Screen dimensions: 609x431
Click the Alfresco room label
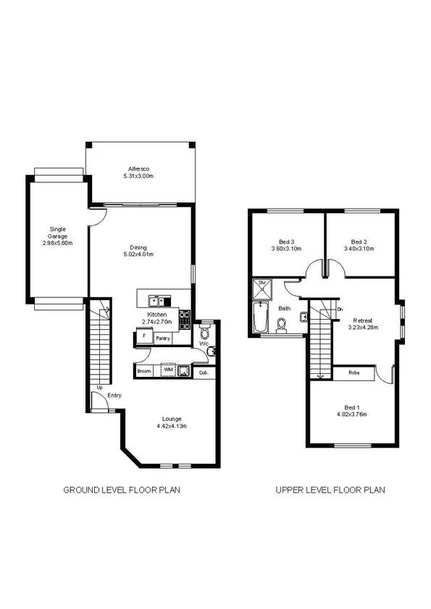pyautogui.click(x=138, y=169)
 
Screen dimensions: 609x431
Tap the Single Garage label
pyautogui.click(x=57, y=234)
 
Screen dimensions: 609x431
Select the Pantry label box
pyautogui.click(x=163, y=337)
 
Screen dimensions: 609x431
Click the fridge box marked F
pyautogui.click(x=144, y=336)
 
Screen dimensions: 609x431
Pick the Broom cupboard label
pyautogui.click(x=143, y=370)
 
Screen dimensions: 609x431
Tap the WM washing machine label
pyautogui.click(x=167, y=370)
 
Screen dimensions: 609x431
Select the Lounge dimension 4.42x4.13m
pyautogui.click(x=171, y=427)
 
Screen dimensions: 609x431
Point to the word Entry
pyautogui.click(x=114, y=396)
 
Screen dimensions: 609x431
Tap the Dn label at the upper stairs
pyautogui.click(x=340, y=310)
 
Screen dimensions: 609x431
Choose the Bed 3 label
pyautogui.click(x=286, y=242)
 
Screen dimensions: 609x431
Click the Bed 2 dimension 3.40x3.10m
pyautogui.click(x=360, y=249)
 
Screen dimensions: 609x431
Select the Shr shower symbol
pyautogui.click(x=260, y=284)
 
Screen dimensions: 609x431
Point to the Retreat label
pyautogui.click(x=363, y=320)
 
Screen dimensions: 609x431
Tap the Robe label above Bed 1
pyautogui.click(x=354, y=373)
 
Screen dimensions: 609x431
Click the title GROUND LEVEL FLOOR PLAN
pyautogui.click(x=122, y=490)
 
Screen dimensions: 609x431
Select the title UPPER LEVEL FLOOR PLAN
pyautogui.click(x=330, y=490)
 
